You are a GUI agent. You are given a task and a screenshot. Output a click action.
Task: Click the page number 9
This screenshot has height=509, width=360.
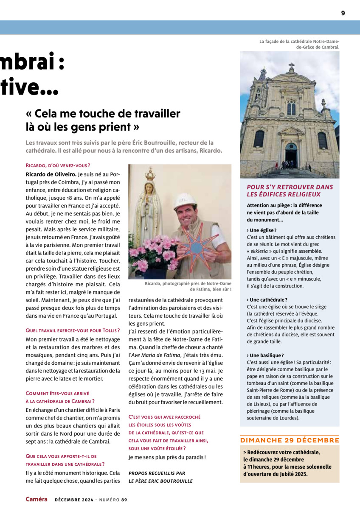[x=343, y=13]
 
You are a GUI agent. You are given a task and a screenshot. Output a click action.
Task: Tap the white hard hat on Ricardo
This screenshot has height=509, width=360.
[x=186, y=201]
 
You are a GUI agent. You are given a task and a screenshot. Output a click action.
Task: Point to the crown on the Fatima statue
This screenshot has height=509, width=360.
[x=149, y=174]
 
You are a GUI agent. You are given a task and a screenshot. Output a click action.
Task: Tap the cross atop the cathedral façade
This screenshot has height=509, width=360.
[x=291, y=67]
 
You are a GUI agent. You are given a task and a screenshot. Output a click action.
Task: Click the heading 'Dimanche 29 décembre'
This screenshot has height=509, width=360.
[x=290, y=440]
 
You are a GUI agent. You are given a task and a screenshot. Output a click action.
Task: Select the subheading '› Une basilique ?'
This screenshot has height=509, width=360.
[x=265, y=355]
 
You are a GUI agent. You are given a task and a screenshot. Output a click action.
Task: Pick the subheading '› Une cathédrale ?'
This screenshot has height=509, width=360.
[x=267, y=300]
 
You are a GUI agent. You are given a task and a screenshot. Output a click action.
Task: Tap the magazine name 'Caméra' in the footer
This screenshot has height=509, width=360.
[x=37, y=499]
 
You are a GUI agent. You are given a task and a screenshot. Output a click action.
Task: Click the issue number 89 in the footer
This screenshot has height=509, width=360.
[x=124, y=500]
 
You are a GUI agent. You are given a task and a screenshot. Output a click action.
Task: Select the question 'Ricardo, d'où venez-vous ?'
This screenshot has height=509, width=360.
[x=58, y=165]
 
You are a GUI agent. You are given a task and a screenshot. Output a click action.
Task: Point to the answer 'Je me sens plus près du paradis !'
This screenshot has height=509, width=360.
[x=167, y=457]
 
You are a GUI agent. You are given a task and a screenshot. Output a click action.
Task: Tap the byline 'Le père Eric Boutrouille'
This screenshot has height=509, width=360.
[x=160, y=481]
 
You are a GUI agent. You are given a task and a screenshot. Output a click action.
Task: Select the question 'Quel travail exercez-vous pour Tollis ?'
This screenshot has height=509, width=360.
[x=73, y=330]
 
